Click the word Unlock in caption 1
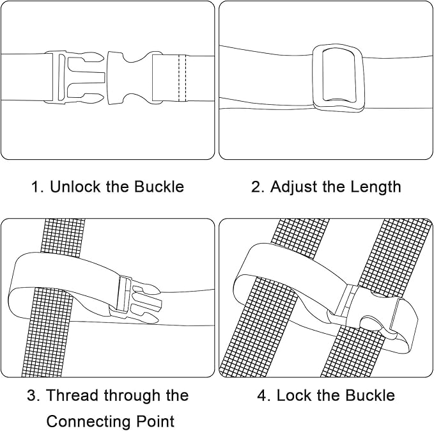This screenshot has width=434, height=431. (75, 187)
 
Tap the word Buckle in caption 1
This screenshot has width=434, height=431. (159, 187)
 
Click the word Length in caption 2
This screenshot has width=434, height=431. (376, 187)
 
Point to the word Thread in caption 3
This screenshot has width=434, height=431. (72, 395)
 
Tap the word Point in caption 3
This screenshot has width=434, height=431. (155, 421)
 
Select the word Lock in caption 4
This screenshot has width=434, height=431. (294, 395)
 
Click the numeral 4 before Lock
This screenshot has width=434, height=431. (262, 395)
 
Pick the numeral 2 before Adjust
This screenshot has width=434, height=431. (256, 187)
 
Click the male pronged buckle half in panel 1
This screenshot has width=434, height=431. (75, 77)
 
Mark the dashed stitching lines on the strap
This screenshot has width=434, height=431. (182, 78)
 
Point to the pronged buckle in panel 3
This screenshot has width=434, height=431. (135, 299)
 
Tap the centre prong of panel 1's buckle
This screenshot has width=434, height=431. (86, 77)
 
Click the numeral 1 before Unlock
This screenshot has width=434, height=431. (36, 187)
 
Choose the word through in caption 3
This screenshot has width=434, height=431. (132, 396)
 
